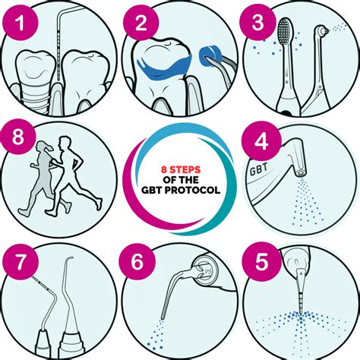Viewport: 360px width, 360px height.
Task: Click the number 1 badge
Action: point(21,22)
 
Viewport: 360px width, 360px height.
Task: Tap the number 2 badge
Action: point(141,22)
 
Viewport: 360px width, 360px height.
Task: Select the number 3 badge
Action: point(258,22)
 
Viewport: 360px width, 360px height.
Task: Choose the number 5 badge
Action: point(261,261)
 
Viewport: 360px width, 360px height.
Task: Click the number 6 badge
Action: point(137,261)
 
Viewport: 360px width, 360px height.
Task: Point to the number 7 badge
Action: point(21,261)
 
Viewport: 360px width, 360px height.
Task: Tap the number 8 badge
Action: point(17,137)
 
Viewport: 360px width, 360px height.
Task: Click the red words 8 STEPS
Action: point(181,169)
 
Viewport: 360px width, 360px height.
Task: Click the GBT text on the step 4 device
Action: point(258,169)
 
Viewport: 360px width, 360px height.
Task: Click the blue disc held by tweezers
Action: point(209,57)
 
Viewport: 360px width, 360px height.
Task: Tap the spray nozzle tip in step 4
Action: point(301,173)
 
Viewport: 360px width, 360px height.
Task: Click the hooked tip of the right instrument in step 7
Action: point(69,259)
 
